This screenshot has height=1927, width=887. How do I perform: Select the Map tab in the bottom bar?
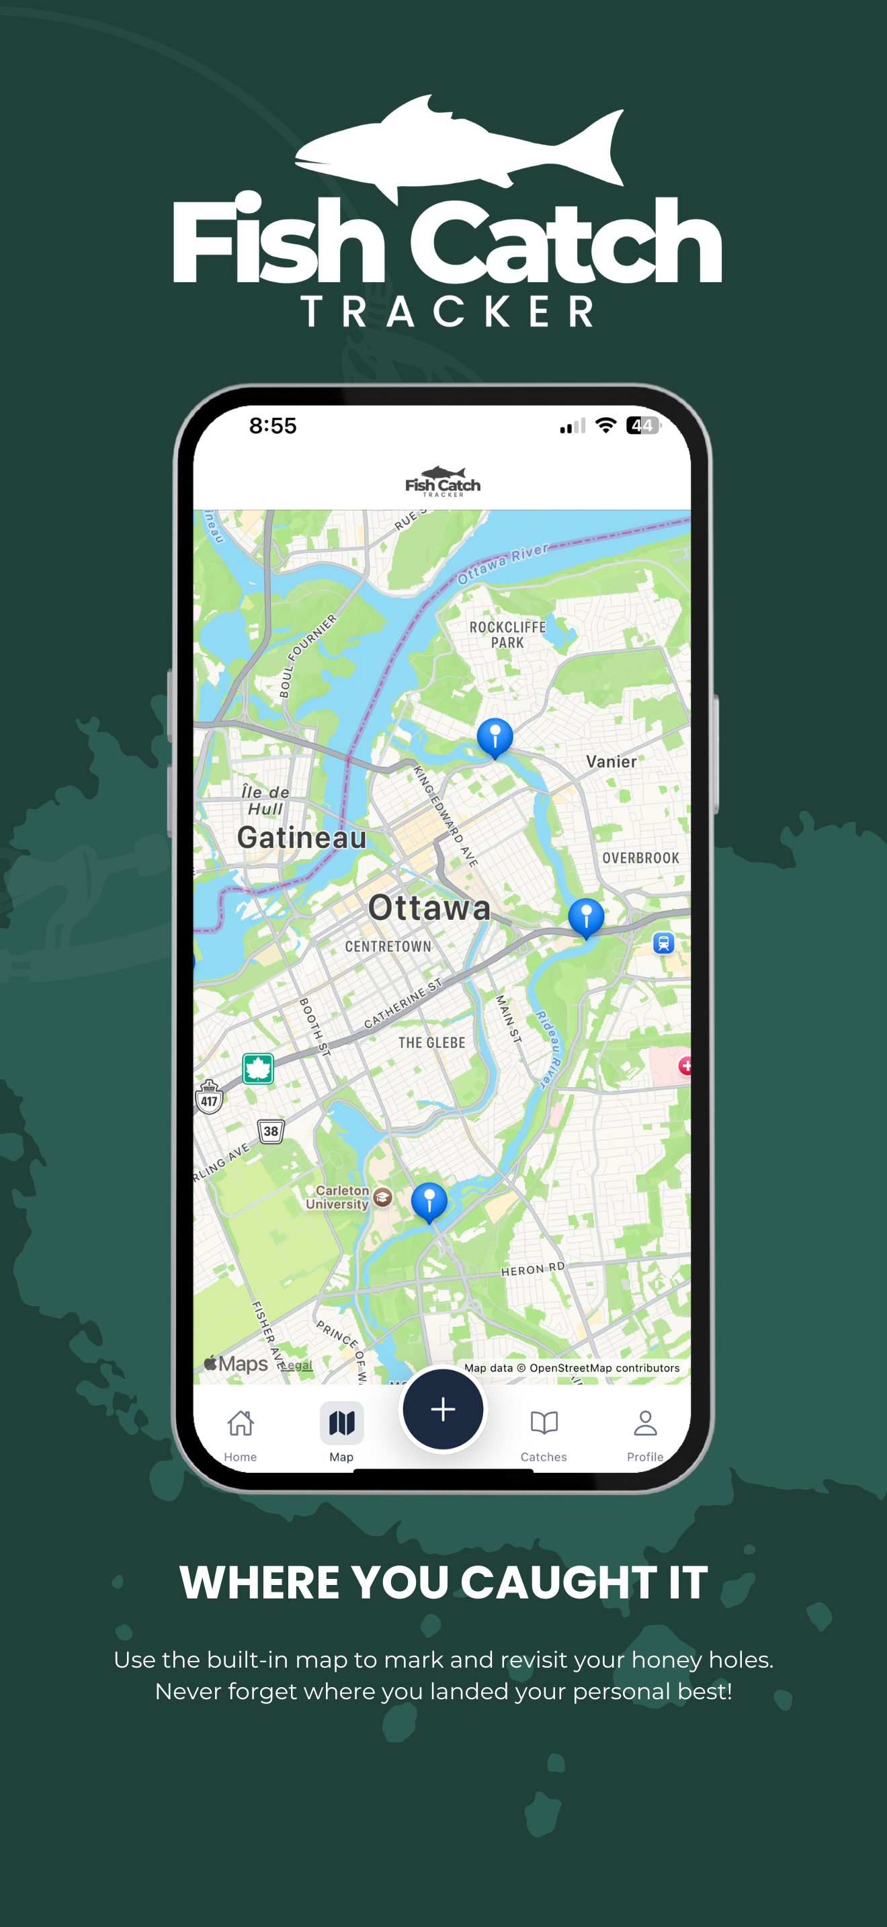point(342,1424)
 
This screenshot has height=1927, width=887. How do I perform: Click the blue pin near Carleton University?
point(429,1200)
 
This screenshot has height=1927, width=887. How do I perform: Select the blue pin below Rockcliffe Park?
point(495,736)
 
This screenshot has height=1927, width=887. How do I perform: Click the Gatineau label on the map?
point(302,838)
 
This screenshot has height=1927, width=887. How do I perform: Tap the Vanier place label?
point(611,761)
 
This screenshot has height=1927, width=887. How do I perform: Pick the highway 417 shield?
point(210,1097)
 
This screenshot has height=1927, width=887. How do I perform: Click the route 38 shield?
point(271,1131)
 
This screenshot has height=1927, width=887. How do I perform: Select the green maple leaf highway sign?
point(258,1068)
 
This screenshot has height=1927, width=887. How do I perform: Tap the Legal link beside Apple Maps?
point(297,1365)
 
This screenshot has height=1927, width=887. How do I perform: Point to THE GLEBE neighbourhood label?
point(431,1043)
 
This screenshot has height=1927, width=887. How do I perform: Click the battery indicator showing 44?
point(642,425)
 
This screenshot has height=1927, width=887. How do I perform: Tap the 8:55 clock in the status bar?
point(273,425)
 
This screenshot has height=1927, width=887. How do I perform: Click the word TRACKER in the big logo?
point(448,311)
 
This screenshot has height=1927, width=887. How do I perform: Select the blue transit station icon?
point(663,943)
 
